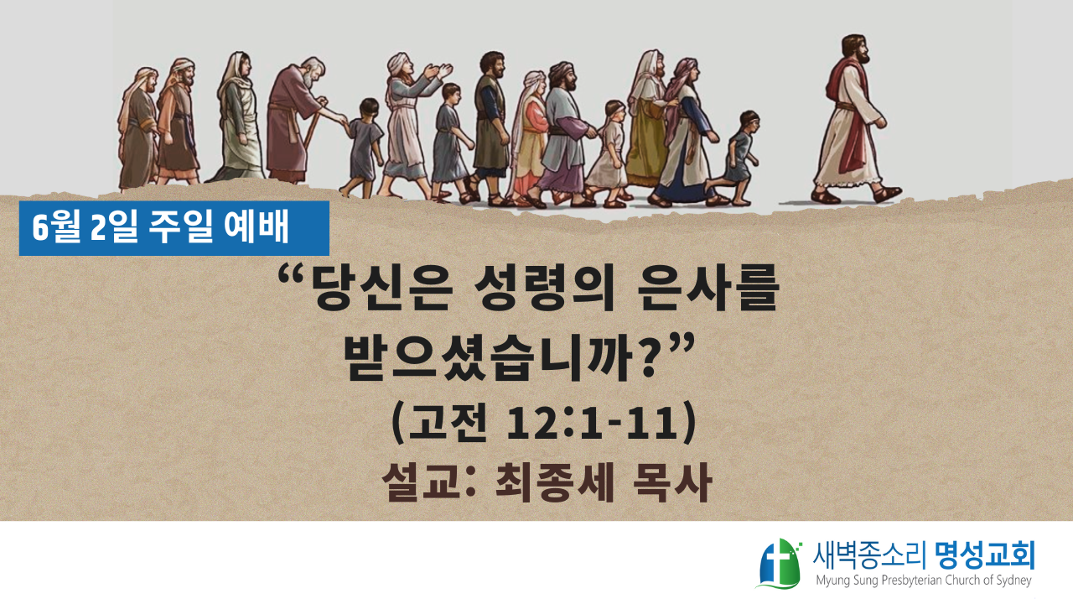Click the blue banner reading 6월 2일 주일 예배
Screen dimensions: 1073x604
(174, 228)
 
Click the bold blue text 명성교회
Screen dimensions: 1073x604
(984, 555)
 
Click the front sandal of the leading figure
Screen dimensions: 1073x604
(887, 194)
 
